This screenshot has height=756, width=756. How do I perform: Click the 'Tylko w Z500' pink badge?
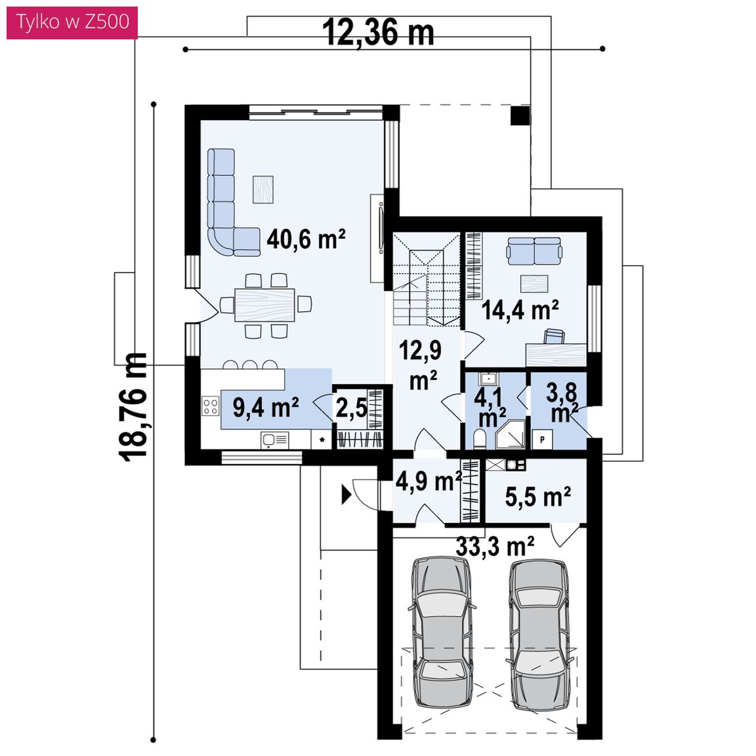click(72, 22)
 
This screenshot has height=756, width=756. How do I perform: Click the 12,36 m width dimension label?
click(378, 33)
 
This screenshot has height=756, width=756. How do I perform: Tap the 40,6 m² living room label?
click(306, 239)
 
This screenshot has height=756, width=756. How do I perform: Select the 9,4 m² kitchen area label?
click(266, 408)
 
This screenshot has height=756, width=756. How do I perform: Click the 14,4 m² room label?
click(520, 310)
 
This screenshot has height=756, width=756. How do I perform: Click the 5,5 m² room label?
click(537, 496)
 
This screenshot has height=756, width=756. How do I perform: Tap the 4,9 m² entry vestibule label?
click(429, 480)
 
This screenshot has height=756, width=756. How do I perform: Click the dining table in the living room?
click(264, 304)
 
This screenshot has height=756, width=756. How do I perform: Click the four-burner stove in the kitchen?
click(210, 406)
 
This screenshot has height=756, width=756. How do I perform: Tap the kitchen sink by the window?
click(274, 440)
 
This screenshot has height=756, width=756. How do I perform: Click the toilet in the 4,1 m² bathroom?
click(479, 440)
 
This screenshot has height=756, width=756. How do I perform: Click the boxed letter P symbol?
click(543, 440)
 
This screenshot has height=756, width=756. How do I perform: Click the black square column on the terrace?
click(520, 115)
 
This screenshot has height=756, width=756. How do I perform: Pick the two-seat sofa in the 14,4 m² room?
click(534, 251)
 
